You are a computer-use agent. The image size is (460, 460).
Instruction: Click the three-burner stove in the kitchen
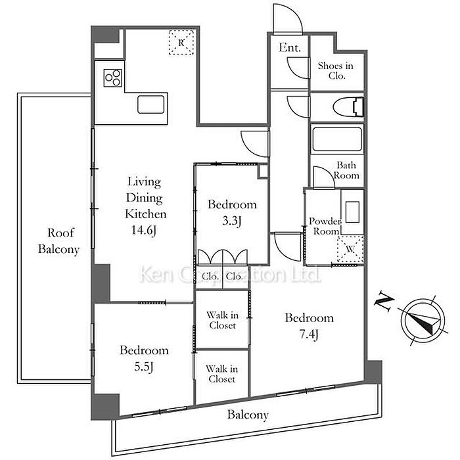pos(112,78)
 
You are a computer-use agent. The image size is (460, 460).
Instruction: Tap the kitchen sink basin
pos(150,104)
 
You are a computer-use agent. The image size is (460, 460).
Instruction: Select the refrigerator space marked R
pos(181,42)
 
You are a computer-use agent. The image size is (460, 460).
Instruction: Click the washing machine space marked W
pos(350,249)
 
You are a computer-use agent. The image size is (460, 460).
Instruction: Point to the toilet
pos(349,107)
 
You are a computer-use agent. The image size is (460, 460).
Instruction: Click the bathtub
pos(336,139)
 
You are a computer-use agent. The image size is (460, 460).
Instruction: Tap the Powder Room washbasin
pos(352,212)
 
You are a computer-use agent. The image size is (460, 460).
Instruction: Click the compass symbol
pos(423,321)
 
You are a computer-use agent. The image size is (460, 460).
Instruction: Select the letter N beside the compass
pos(384,301)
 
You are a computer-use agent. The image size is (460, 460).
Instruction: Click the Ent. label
pos(290,47)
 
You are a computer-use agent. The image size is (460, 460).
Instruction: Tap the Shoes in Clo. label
pos(336,71)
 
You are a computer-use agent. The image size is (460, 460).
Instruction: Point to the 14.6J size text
pos(143,230)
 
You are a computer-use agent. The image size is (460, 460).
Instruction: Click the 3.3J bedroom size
pos(232,221)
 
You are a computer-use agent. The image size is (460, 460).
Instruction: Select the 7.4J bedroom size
pos(309,334)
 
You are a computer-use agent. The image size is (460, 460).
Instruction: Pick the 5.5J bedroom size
pos(144,367)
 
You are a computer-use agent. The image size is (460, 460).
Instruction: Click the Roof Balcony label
pos(59,241)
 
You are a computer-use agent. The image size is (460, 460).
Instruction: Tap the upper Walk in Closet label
pos(222,321)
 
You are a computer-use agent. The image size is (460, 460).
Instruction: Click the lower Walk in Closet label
pos(222,374)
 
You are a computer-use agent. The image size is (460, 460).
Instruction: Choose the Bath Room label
pos(346,170)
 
